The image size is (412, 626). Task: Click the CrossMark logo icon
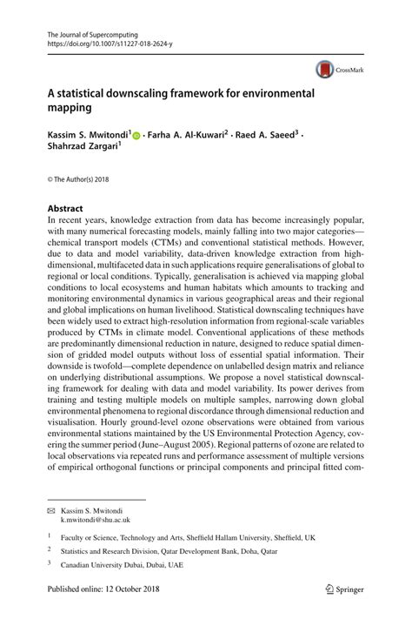pyautogui.click(x=323, y=69)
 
